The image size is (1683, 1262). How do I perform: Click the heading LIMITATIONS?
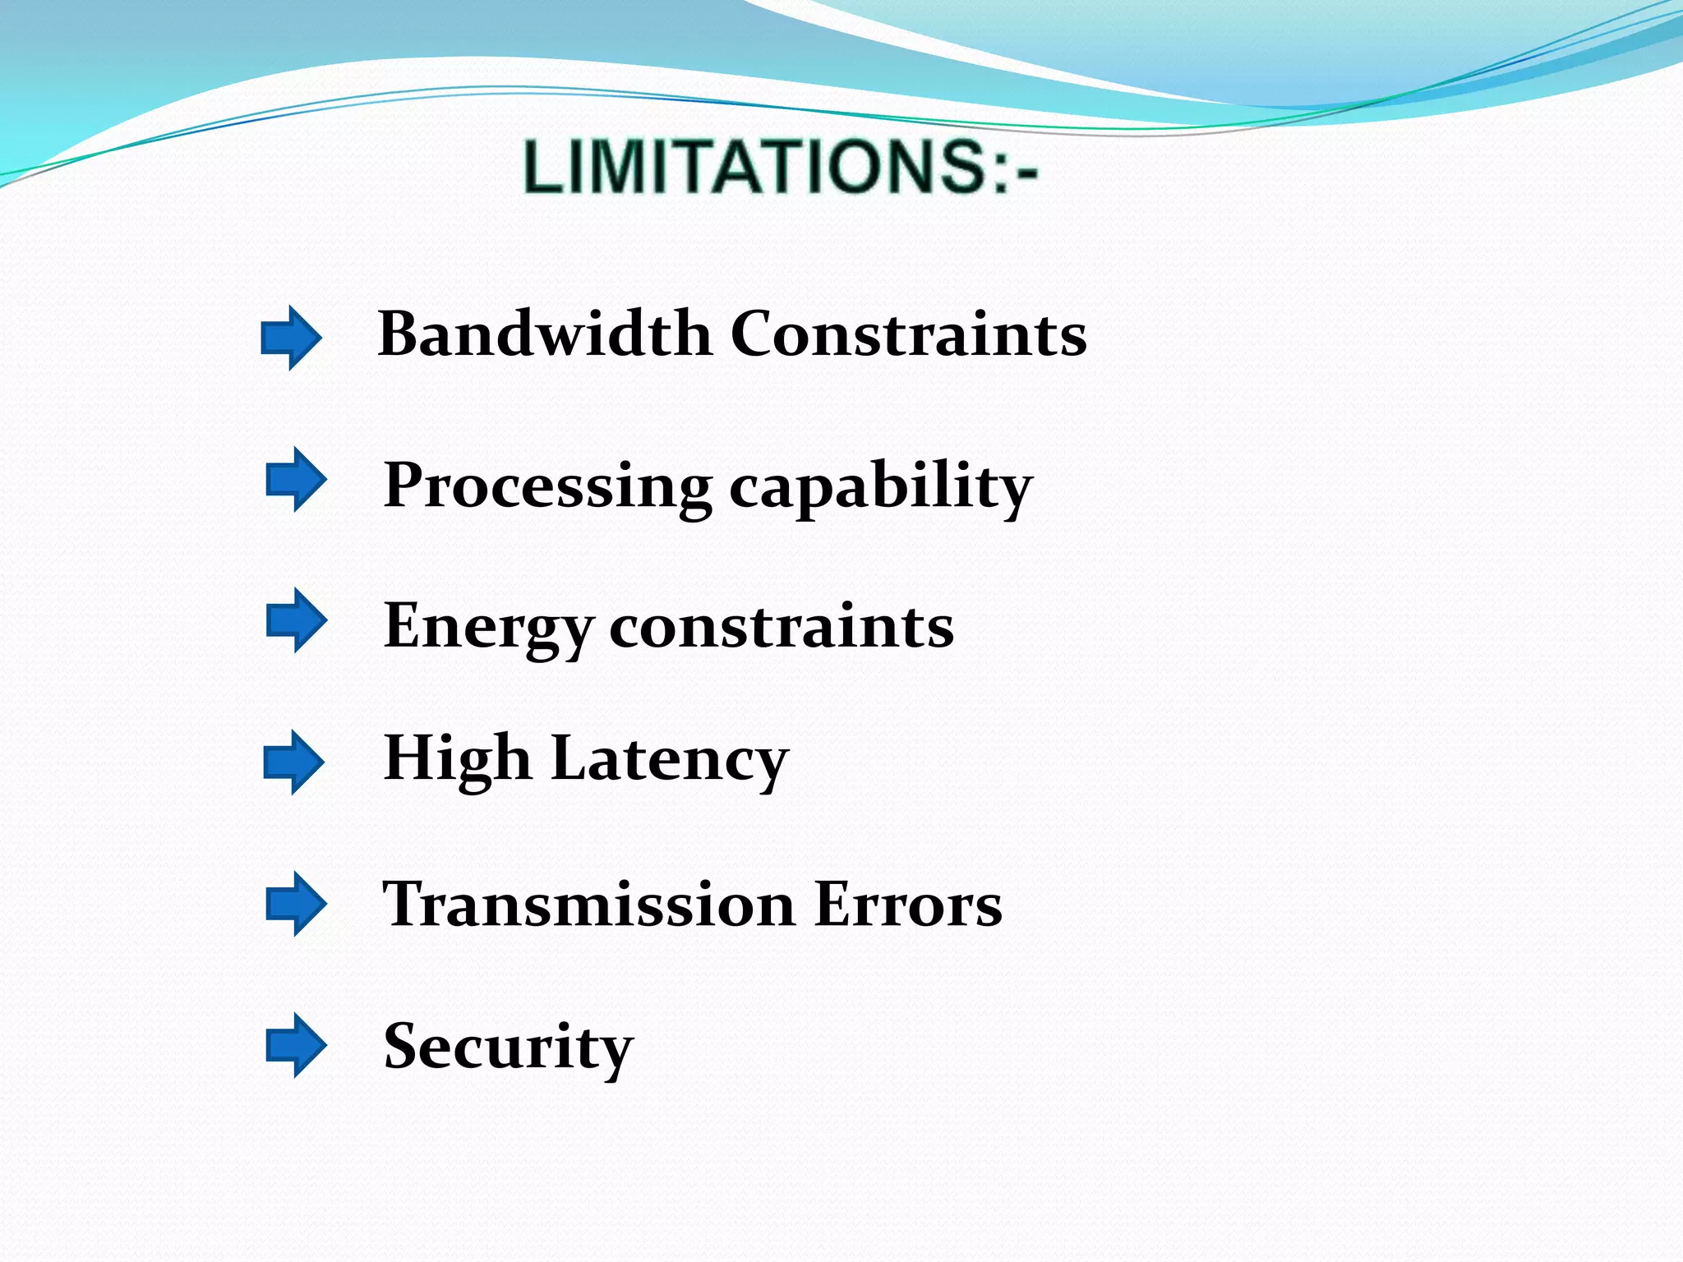(752, 167)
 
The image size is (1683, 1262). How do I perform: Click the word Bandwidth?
(544, 334)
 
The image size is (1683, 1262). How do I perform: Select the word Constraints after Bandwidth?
(908, 334)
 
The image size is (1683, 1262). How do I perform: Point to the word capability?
(880, 486)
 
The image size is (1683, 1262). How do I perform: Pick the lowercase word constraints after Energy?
(782, 627)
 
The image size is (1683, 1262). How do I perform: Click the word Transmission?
(589, 905)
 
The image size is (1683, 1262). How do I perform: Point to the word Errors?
(908, 905)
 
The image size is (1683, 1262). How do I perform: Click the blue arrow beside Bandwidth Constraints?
(291, 338)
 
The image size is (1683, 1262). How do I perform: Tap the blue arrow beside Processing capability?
(296, 480)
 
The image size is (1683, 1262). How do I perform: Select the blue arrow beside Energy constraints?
(296, 620)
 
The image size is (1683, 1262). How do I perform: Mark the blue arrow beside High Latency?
(293, 762)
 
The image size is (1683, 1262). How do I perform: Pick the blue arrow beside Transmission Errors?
(296, 904)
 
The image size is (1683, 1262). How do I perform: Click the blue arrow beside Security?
(296, 1045)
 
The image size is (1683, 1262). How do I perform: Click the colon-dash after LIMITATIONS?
(1017, 168)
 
